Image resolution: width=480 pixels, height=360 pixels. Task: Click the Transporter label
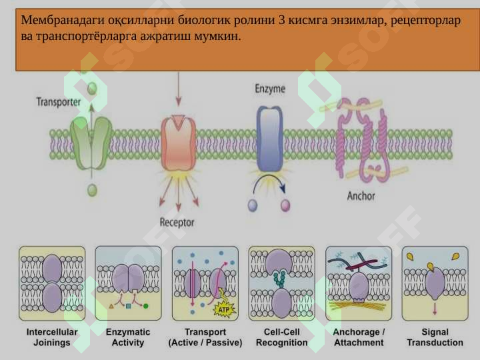pos(59,102)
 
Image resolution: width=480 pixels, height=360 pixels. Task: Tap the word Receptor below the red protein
pos(177,222)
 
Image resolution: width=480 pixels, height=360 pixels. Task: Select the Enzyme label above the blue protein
pos(270,89)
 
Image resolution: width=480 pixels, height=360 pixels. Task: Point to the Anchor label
pos(361,196)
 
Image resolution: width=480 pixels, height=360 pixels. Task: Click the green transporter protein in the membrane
pos(91,143)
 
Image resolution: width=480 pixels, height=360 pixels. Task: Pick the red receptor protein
pos(179,143)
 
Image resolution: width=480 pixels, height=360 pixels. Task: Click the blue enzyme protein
pos(269,139)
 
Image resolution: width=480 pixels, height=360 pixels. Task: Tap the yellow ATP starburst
pos(224,309)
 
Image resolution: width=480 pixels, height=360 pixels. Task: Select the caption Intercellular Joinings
pos(52,337)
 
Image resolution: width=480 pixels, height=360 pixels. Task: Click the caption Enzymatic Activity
pos(128,337)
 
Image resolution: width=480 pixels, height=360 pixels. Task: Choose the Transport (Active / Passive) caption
pos(205,337)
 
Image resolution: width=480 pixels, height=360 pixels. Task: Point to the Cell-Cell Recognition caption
pos(281,337)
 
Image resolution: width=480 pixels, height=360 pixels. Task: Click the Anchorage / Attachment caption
pos(359,337)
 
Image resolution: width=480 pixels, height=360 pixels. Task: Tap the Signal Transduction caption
pos(435,337)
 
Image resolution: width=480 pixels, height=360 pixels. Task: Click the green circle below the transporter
pos(92,190)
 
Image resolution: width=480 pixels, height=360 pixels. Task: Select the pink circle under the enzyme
pos(285,205)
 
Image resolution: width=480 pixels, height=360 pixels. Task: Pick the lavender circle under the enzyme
pos(253,205)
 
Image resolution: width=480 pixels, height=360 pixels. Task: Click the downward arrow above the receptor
pos(179,89)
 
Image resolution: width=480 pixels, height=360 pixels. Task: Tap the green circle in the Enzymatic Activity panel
pos(146,306)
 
